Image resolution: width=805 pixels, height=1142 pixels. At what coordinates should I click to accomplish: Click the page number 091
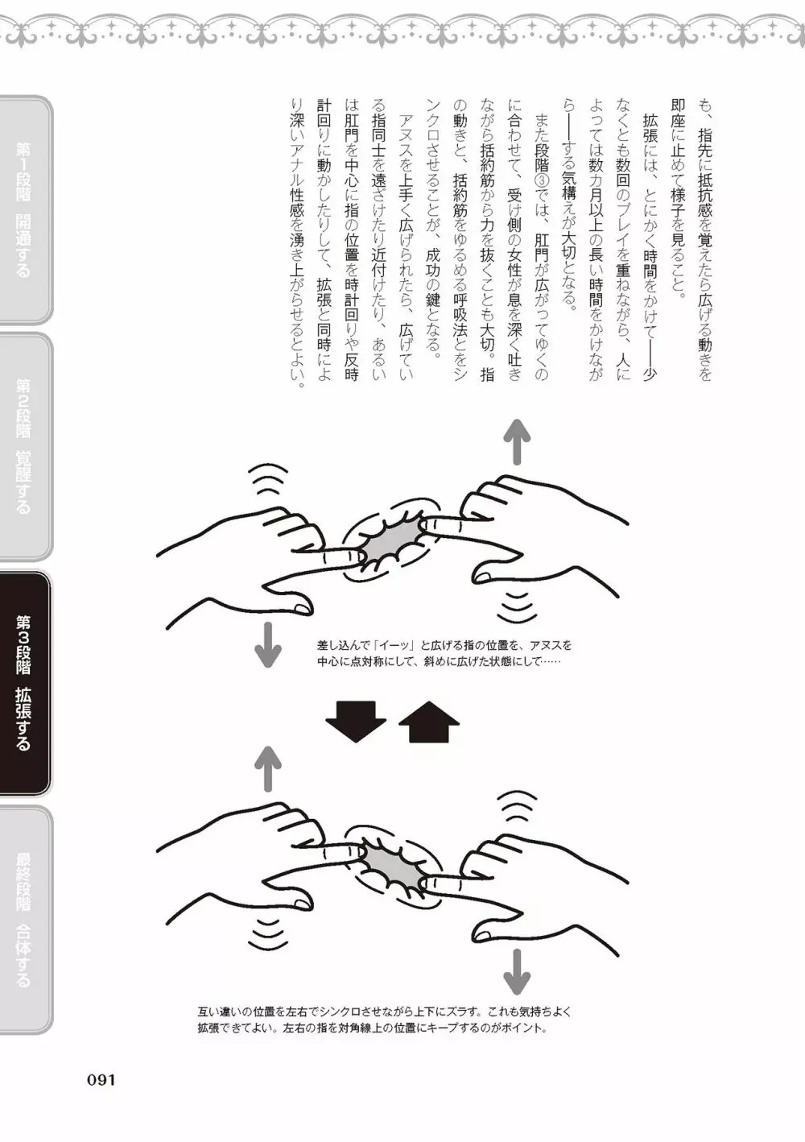(101, 1080)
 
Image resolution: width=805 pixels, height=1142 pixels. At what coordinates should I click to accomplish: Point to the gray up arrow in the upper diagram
(517, 441)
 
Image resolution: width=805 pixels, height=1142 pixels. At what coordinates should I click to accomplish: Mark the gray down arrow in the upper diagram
(268, 645)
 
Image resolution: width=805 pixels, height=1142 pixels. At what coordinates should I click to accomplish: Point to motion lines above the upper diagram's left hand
(270, 478)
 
